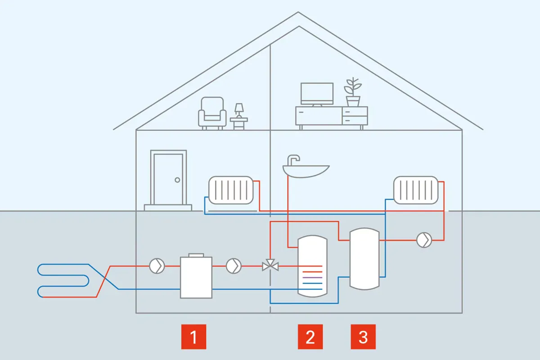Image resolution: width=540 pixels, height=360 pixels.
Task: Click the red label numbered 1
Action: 193,336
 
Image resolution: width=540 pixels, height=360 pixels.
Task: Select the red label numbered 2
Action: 310,336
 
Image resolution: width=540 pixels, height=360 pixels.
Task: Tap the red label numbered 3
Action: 363,336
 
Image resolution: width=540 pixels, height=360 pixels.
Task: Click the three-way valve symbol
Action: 270,266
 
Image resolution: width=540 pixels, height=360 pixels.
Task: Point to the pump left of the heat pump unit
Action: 157,266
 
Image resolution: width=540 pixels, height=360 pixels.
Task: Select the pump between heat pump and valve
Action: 234,266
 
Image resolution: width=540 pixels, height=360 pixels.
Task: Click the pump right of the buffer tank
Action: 424,240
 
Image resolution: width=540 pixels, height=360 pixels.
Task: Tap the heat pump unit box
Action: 196,277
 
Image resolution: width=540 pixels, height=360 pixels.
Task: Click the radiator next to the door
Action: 231,189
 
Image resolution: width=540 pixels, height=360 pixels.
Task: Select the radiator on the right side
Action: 415,189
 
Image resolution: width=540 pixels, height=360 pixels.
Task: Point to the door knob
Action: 177,180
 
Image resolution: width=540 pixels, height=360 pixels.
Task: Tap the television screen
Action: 317,93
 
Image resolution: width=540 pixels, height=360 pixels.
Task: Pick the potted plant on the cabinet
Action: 353,92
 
